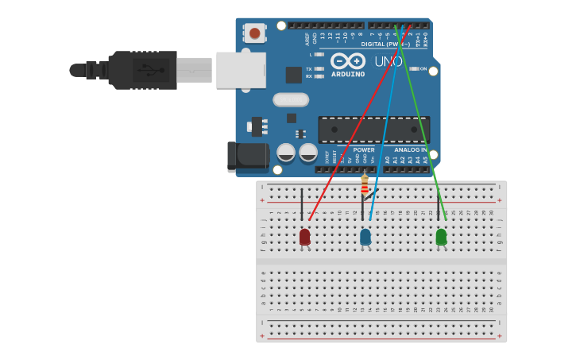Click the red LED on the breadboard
tap(305, 236)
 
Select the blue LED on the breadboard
tap(365, 236)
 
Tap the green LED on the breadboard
tap(441, 236)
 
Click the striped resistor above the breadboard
tap(365, 185)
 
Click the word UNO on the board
tap(388, 61)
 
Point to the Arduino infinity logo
tap(348, 61)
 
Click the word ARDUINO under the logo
tap(348, 74)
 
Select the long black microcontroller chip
tap(374, 130)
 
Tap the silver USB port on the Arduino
tap(241, 70)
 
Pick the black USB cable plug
tap(143, 70)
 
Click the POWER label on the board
tap(364, 149)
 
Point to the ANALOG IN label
tap(411, 149)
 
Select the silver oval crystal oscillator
tap(291, 99)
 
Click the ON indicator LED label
tap(423, 69)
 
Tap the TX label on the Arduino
tap(308, 69)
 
